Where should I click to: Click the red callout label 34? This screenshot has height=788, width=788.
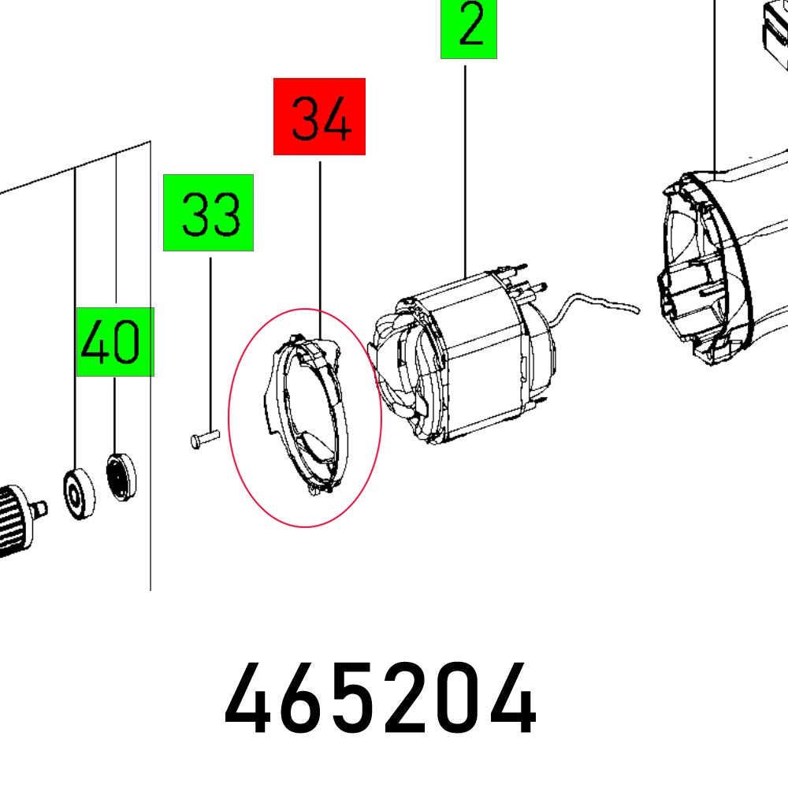coord(319,116)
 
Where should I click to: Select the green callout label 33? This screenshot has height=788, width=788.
coord(208,213)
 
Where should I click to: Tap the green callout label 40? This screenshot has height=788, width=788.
coord(115,342)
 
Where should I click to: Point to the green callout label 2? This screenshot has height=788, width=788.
coord(469,28)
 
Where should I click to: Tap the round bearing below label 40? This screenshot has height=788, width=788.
coord(121,475)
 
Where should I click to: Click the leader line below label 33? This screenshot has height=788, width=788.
coord(210,339)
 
